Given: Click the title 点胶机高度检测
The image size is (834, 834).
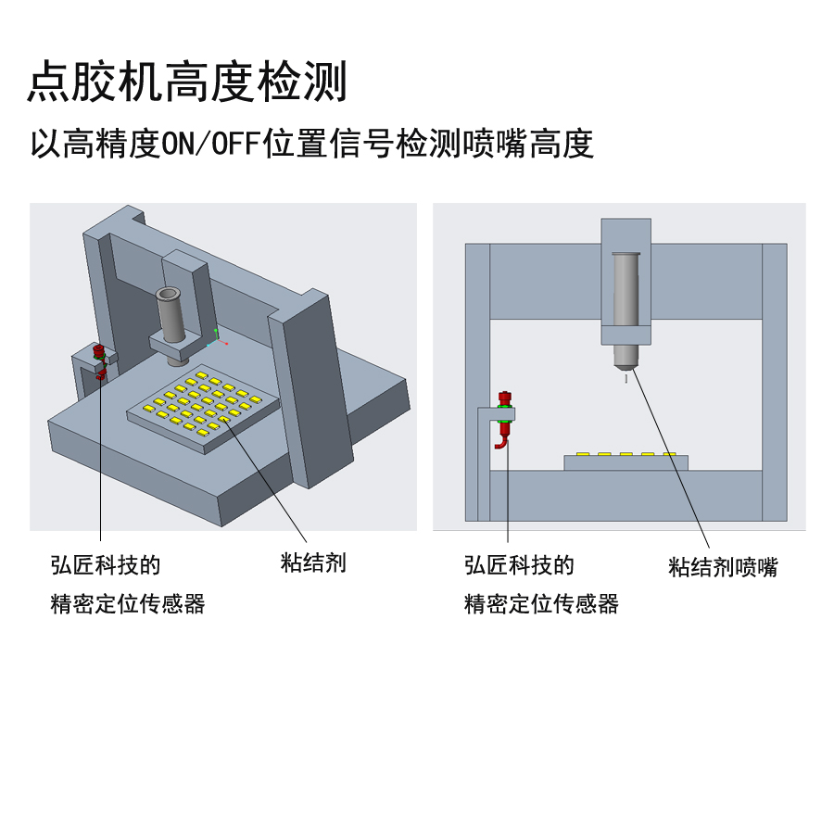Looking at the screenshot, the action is (x=187, y=82).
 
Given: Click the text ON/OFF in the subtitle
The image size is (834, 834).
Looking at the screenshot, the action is (x=211, y=144).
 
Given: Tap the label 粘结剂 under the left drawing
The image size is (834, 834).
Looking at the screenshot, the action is (x=313, y=562).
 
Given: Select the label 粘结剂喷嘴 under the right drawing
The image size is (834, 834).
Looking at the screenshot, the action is (x=723, y=567).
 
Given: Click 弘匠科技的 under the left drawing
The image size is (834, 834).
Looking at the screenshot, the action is (x=106, y=565).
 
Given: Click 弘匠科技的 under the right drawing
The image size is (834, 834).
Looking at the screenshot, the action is (x=519, y=565).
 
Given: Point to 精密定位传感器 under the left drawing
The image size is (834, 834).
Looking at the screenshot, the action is (x=128, y=603).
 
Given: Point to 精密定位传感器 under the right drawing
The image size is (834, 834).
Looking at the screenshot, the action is (x=541, y=603).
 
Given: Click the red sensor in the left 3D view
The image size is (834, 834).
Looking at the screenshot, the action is (x=99, y=360).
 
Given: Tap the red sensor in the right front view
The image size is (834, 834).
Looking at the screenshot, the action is (x=504, y=418).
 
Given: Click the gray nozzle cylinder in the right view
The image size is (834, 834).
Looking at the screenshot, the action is (x=625, y=290).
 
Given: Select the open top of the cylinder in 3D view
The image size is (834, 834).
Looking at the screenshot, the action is (x=169, y=294).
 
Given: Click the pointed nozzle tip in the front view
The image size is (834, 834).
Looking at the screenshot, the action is (x=625, y=367).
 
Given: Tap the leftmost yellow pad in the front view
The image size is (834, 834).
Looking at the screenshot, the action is (x=583, y=454).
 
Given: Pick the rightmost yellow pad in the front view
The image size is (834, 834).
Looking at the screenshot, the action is (x=669, y=454).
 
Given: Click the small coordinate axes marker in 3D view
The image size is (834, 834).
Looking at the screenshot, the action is (x=217, y=338).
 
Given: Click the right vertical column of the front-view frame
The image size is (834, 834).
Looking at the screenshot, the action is (x=775, y=382).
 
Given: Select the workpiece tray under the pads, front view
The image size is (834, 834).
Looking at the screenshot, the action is (x=625, y=462).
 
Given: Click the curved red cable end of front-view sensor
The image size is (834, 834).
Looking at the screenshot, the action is (x=500, y=445).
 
